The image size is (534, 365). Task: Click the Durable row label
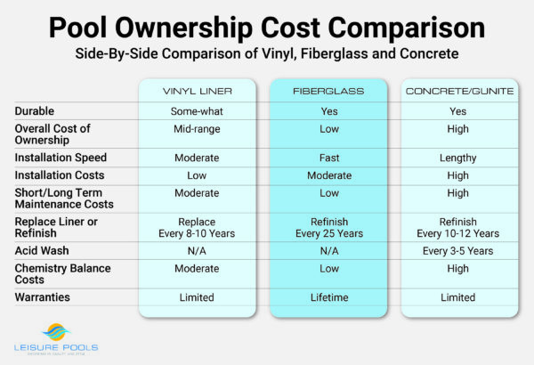tap(36, 112)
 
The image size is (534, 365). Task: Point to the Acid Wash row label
tap(42, 251)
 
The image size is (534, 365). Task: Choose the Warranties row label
tap(44, 297)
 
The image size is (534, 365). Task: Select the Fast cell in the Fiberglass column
tap(328, 158)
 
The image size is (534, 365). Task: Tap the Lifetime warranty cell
tap(328, 297)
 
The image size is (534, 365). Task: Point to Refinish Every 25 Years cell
tap(328, 226)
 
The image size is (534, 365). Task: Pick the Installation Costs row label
tap(59, 175)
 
